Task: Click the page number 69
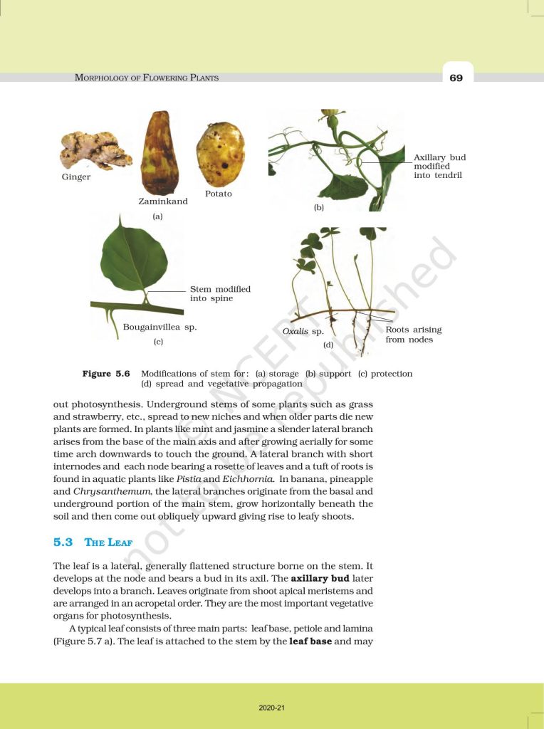pyautogui.click(x=456, y=78)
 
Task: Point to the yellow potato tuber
pyautogui.click(x=220, y=154)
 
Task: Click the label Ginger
pyautogui.click(x=76, y=177)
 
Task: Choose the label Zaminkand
pyautogui.click(x=163, y=201)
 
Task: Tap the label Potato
pyautogui.click(x=219, y=194)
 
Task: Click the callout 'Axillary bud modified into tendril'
pyautogui.click(x=439, y=166)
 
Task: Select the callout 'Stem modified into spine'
pyautogui.click(x=220, y=294)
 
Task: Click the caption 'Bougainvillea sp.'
pyautogui.click(x=159, y=328)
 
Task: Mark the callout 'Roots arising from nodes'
pyautogui.click(x=413, y=335)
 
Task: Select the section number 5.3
pyautogui.click(x=63, y=542)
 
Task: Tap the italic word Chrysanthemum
pyautogui.click(x=99, y=491)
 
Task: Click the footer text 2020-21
pyautogui.click(x=272, y=708)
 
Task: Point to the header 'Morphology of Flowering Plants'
pyautogui.click(x=147, y=78)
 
